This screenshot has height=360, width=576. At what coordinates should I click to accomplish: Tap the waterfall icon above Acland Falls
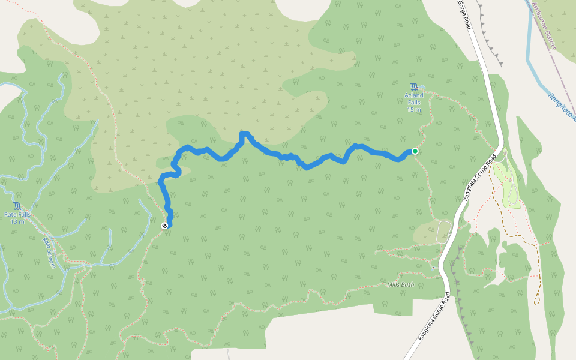click(414, 87)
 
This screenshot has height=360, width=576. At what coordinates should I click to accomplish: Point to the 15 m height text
click(414, 110)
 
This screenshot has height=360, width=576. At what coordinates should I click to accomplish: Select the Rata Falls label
click(17, 215)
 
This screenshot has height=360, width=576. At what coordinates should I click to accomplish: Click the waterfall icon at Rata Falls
click(17, 206)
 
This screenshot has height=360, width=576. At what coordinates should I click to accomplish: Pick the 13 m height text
click(17, 222)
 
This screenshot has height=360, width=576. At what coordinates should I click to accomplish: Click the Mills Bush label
click(400, 284)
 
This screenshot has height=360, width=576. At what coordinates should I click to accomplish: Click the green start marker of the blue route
click(415, 151)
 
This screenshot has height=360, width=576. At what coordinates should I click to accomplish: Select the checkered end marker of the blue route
click(164, 226)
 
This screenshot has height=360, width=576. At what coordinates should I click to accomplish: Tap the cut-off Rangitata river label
click(562, 107)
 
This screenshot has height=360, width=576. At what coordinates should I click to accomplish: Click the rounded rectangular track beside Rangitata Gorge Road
click(443, 232)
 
